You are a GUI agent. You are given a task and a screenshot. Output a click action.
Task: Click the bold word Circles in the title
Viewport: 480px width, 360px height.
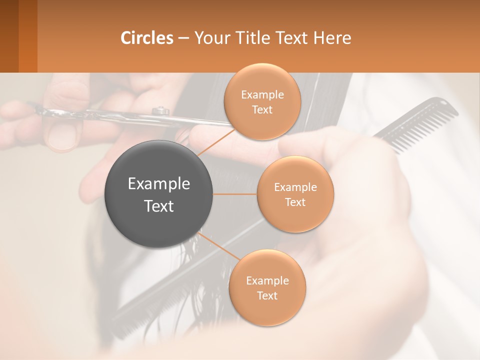tap(146, 38)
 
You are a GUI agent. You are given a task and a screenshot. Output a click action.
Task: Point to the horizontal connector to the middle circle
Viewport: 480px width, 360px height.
tap(235, 194)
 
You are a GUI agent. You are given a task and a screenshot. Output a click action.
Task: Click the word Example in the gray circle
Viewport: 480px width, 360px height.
tap(159, 184)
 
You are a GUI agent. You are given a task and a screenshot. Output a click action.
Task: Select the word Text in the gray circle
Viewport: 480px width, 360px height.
tap(159, 206)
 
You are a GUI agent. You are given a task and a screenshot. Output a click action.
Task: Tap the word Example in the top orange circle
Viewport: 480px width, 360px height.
tap(262, 95)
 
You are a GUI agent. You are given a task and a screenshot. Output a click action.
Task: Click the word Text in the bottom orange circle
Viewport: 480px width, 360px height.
tap(267, 295)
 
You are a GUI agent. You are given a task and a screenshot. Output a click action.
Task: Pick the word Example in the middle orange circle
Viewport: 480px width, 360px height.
tap(295, 187)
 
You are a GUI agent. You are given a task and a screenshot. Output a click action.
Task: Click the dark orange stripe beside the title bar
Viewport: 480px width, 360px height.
tap(27, 36)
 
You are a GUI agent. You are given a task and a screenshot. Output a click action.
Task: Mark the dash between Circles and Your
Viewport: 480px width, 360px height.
tap(183, 38)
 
